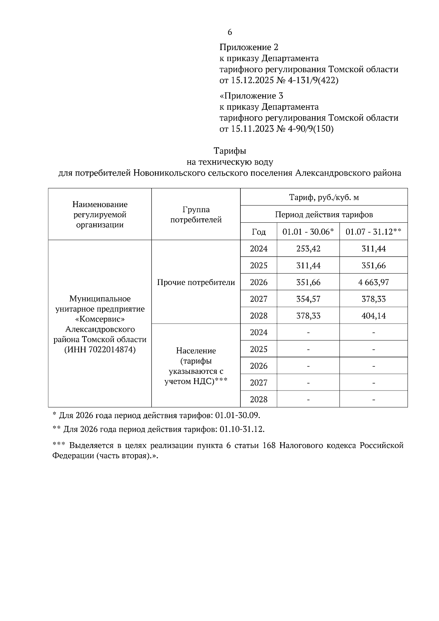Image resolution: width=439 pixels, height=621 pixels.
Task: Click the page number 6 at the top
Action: (230, 32)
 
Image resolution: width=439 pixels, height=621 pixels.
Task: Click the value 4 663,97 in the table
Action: (374, 282)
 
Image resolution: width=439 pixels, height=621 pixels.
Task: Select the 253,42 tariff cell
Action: (308, 249)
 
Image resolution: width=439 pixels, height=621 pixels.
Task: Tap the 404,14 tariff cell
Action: (374, 316)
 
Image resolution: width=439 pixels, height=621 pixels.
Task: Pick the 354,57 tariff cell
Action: (308, 299)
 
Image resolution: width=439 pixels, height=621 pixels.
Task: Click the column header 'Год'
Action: (259, 232)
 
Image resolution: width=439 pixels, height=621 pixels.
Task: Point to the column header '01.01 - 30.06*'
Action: (308, 232)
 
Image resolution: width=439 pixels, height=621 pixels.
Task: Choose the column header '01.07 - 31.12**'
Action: (374, 232)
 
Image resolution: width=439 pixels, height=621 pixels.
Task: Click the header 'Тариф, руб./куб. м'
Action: (324, 197)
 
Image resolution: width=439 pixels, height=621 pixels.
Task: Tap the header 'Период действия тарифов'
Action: (324, 215)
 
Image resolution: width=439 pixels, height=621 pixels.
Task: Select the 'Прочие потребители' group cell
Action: (196, 282)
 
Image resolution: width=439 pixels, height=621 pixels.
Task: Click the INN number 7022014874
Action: (112, 350)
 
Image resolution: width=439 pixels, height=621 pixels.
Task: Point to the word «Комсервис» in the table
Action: (100, 319)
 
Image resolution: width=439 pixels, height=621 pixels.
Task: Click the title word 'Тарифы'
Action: (230, 151)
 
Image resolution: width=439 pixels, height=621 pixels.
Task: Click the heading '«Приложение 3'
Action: (251, 96)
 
